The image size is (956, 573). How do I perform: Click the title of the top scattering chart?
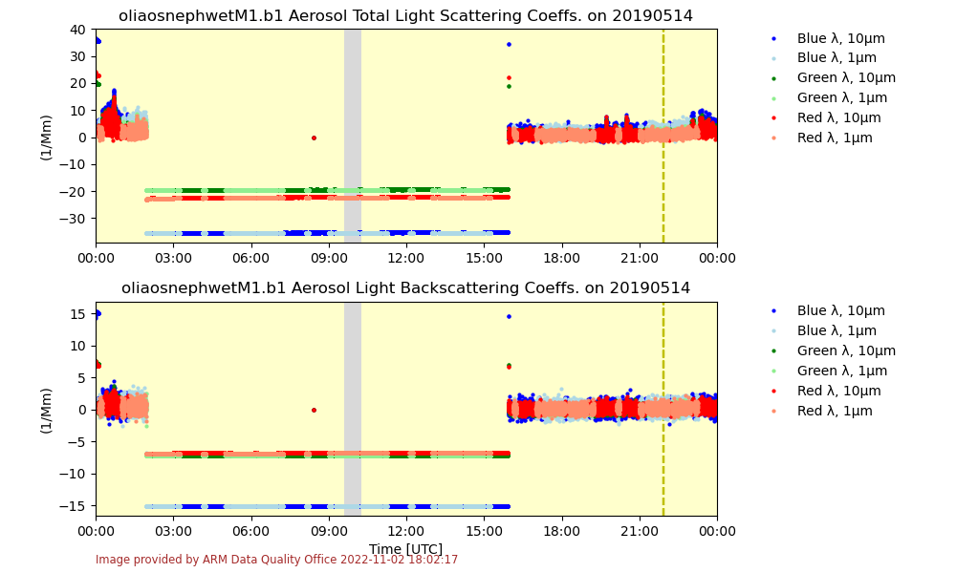pos(405,15)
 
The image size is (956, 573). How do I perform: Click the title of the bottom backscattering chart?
pos(405,288)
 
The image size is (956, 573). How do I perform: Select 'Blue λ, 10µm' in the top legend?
pos(840,38)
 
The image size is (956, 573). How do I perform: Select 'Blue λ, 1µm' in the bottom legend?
pos(836,330)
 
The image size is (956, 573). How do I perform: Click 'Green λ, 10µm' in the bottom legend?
pos(846,350)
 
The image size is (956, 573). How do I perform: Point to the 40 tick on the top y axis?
pos(78,29)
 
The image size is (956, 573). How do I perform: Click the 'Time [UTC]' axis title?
pos(405,549)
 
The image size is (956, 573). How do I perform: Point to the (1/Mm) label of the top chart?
pos(46,137)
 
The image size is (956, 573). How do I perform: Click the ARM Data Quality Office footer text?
pos(276,560)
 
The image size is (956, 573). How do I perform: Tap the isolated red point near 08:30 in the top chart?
pos(314,138)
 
